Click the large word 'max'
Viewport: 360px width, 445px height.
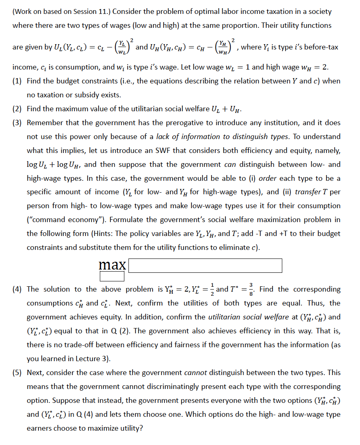(x=112, y=265)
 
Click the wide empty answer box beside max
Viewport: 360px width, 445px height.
(x=205, y=265)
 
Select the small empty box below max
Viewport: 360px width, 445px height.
(x=112, y=277)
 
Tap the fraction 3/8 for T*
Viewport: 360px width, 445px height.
(x=251, y=289)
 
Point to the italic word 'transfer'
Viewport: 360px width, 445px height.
(x=309, y=192)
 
